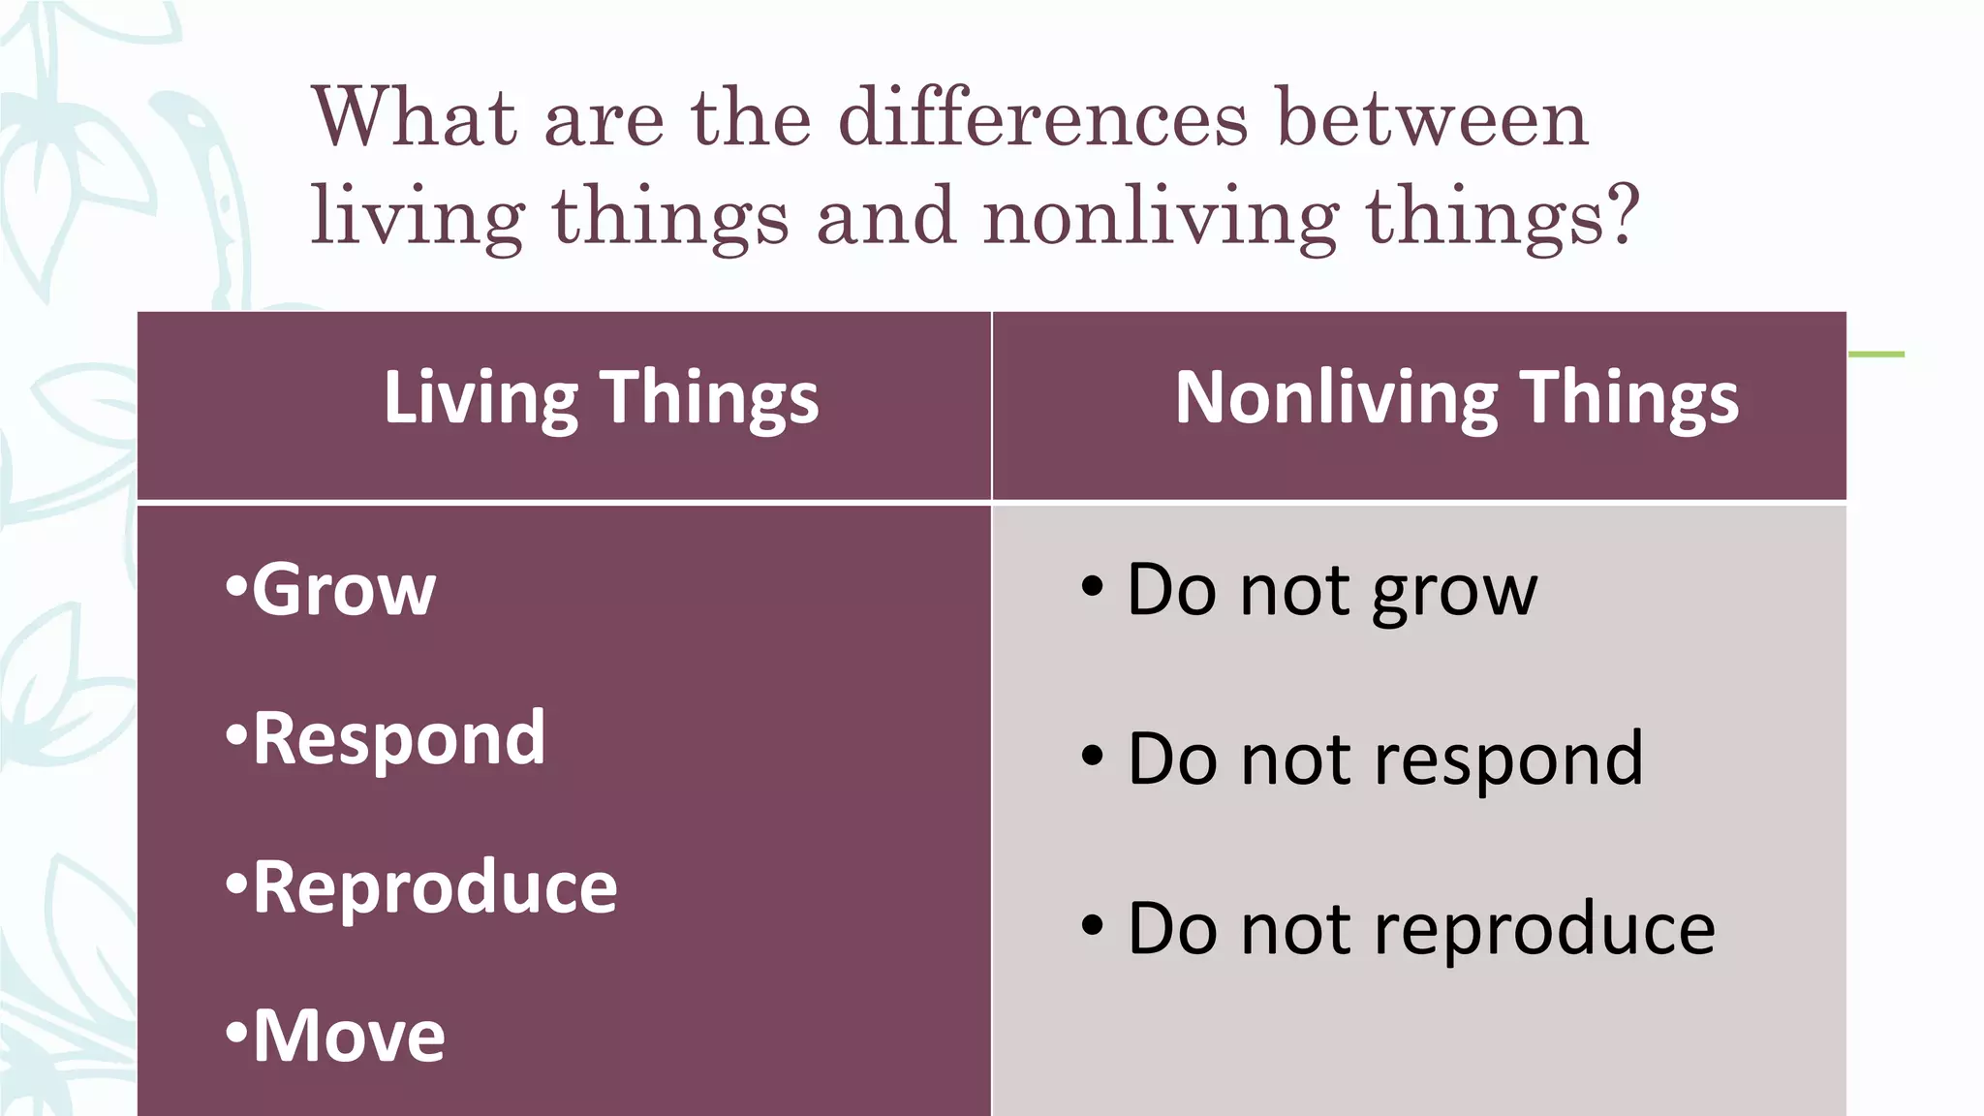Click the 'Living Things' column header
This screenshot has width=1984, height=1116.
pos(601,398)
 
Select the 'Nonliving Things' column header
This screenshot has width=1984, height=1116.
pos(1456,398)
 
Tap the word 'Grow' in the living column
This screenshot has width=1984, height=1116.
pos(344,589)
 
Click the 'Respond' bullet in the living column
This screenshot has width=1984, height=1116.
pos(398,738)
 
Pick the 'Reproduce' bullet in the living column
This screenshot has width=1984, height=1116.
pos(434,887)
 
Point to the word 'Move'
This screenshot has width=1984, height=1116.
pos(349,1037)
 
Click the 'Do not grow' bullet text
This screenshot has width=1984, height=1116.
pos(1332,589)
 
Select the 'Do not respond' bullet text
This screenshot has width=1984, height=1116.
pos(1385,759)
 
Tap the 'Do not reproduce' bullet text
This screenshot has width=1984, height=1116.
pos(1421,928)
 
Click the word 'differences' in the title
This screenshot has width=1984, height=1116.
pos(1042,118)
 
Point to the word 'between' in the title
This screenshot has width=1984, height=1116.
pos(1433,118)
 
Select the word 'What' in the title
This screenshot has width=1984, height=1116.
pos(415,118)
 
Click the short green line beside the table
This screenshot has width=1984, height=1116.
pos(1876,355)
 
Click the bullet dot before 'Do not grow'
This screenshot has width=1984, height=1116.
pos(1092,587)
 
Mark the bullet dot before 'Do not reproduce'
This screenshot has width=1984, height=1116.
pos(1092,926)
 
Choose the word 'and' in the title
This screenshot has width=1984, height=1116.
pos(885,215)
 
